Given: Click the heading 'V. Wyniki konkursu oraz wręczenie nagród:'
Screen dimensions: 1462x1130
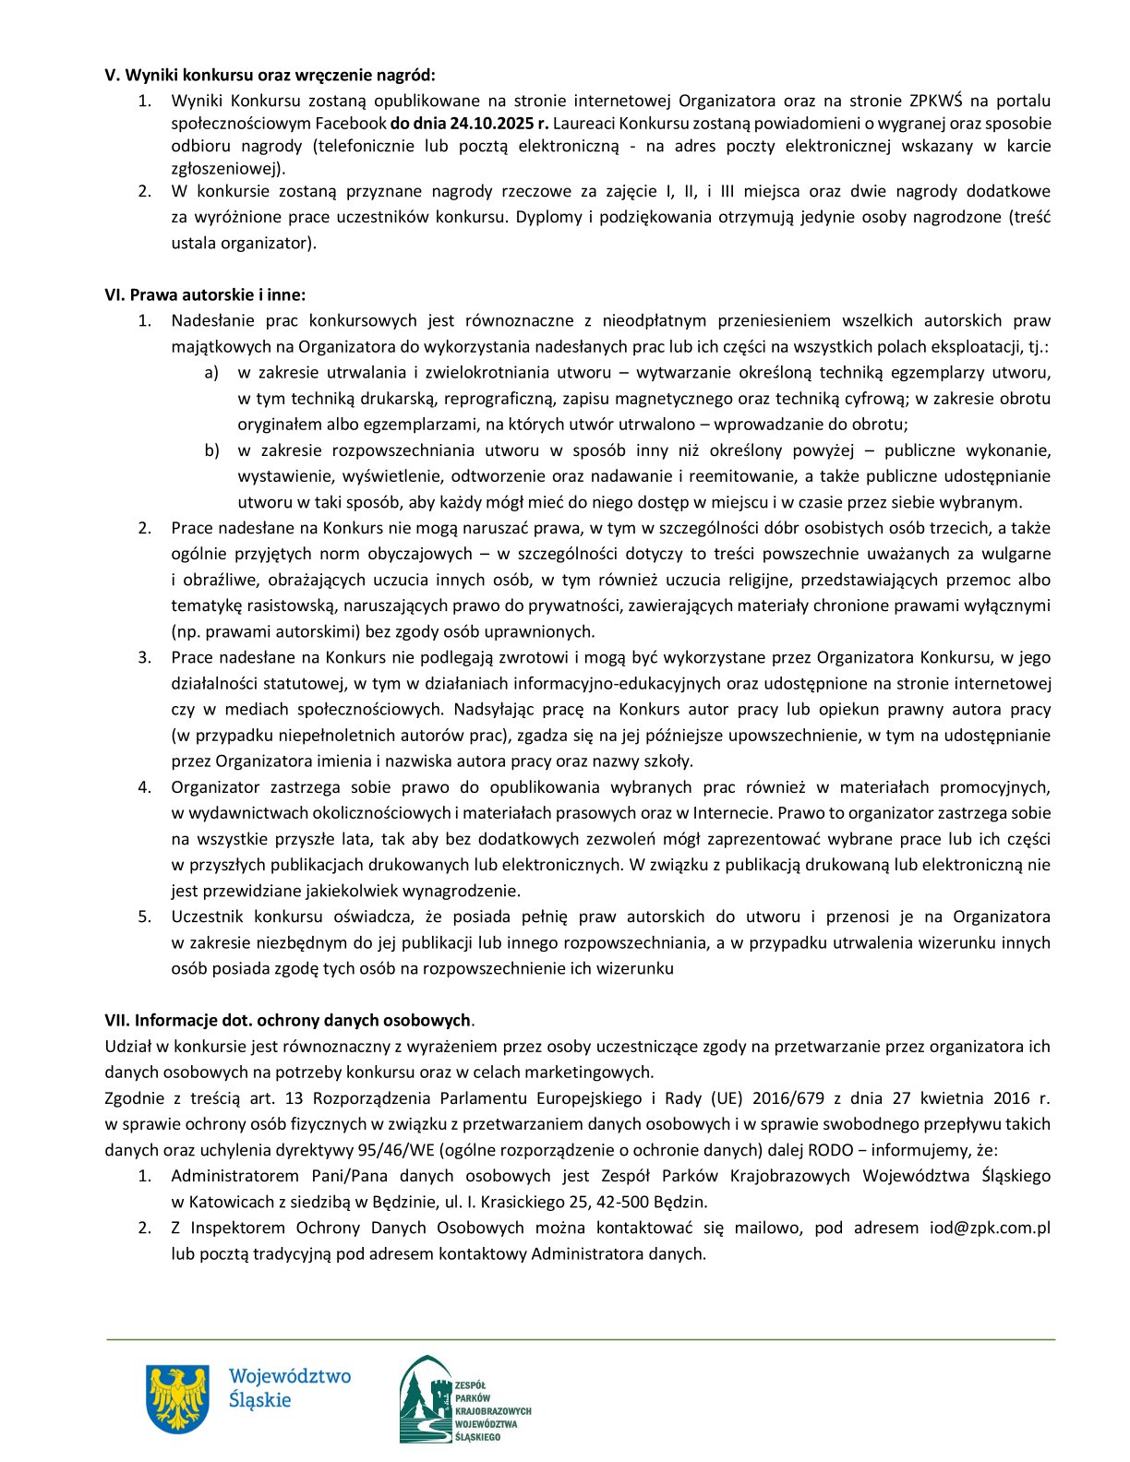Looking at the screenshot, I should tap(270, 75).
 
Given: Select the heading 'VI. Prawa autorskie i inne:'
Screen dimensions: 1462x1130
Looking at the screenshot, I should tap(204, 295).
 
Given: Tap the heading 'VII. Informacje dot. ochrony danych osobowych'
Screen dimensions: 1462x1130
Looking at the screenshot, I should tap(287, 1021).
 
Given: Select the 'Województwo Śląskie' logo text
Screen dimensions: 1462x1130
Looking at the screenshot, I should tap(289, 1387).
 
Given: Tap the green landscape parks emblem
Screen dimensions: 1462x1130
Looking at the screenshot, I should tap(427, 1399).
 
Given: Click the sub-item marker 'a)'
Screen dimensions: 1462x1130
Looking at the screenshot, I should tap(211, 373).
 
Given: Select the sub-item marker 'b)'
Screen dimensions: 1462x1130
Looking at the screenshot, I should tap(211, 450).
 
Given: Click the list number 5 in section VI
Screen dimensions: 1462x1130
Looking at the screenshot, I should tap(144, 917).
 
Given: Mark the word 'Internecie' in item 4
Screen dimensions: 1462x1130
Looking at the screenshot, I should tap(735, 813).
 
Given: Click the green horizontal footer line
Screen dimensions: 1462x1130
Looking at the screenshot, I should tap(580, 1339).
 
